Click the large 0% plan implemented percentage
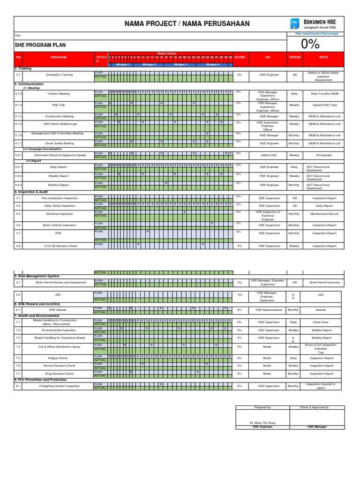tap(310, 44)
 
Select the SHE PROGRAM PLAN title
tap(40, 45)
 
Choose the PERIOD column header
tap(294, 57)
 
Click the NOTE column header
tap(324, 57)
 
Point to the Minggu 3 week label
tap(180, 65)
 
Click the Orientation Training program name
tap(60, 75)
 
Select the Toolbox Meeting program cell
tap(58, 94)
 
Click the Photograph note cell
tap(324, 155)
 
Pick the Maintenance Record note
tap(324, 214)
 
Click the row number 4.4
tap(18, 214)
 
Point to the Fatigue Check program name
tap(58, 358)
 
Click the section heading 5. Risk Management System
tap(37, 277)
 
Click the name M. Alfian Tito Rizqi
tap(262, 423)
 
